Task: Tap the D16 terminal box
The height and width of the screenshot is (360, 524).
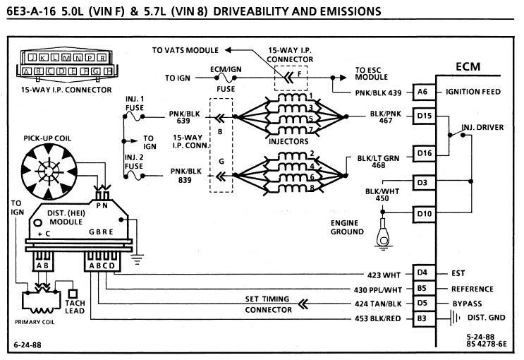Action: click(423, 153)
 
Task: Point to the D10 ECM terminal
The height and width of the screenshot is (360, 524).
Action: click(423, 212)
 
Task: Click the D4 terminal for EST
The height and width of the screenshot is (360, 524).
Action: click(422, 272)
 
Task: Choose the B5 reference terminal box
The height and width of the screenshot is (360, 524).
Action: click(422, 289)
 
